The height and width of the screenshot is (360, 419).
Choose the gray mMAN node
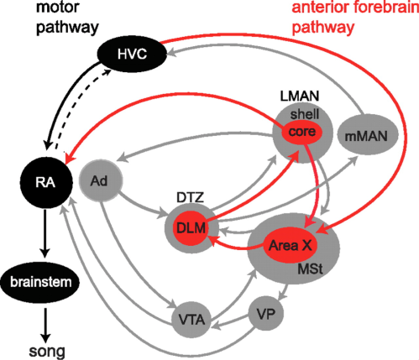(362, 133)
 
